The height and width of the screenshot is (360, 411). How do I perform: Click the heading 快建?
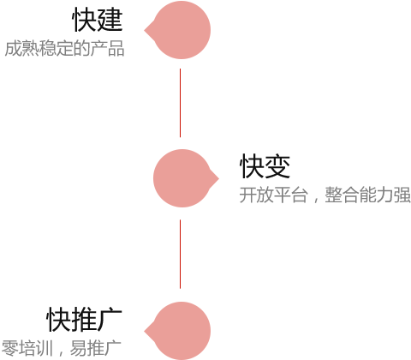click(98, 20)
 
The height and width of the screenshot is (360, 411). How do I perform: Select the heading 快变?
click(265, 166)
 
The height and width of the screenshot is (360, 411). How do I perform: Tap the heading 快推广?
click(84, 320)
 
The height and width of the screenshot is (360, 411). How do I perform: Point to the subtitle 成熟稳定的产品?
click(64, 48)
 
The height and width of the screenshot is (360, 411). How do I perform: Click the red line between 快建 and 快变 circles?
click(180, 103)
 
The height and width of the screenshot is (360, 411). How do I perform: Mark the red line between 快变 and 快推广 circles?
click(180, 254)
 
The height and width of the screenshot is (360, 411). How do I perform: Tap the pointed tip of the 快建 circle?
click(145, 30)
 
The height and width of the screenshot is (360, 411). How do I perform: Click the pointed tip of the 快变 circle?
click(218, 178)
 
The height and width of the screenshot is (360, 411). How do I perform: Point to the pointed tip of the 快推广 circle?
click(145, 331)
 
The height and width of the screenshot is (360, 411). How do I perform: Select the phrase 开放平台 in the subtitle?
click(274, 195)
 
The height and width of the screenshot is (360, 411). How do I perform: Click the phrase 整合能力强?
click(368, 195)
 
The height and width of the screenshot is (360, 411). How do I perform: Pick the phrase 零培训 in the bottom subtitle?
click(27, 348)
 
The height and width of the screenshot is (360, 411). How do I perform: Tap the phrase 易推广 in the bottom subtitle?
click(96, 348)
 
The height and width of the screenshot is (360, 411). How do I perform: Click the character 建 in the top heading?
click(110, 20)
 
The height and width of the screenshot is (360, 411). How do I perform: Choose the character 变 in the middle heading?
click(277, 166)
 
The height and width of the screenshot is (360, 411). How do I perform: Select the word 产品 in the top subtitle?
click(107, 48)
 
